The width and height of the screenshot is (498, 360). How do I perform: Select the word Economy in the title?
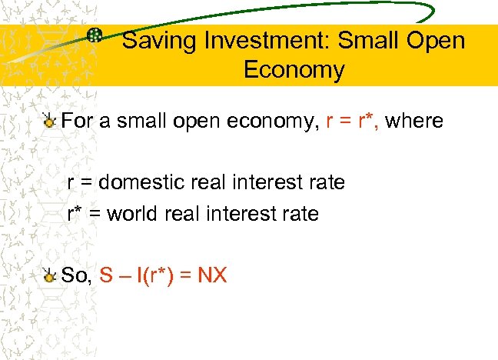click(294, 70)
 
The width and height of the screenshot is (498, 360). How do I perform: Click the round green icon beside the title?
click(95, 35)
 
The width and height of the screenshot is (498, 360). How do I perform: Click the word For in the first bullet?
click(77, 121)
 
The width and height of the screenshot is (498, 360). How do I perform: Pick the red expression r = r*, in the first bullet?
click(352, 121)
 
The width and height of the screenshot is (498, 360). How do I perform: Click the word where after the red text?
click(413, 121)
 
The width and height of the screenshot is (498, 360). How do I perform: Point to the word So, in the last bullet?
click(77, 275)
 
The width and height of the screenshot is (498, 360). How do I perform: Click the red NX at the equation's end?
click(212, 275)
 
